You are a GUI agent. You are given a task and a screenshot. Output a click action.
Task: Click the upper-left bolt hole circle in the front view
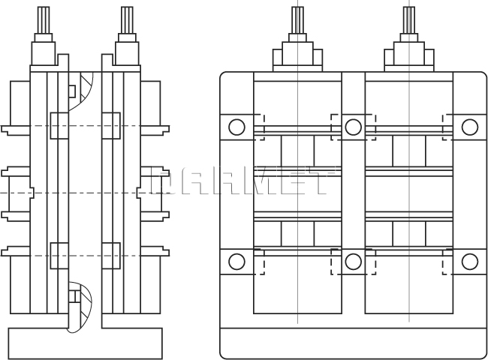236,127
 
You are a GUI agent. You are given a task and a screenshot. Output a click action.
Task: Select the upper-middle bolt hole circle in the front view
353,127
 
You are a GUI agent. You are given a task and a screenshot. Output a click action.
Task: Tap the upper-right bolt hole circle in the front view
470,127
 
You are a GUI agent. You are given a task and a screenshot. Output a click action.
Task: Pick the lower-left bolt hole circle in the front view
236,261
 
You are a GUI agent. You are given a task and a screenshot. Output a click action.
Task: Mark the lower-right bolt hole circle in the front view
470,261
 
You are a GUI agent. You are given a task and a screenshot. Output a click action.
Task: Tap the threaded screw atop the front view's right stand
409,18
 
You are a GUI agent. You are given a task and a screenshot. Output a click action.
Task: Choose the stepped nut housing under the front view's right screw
409,55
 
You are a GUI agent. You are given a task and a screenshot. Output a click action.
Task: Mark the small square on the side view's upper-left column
59,125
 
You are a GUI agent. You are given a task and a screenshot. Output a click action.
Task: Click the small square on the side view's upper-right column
110,125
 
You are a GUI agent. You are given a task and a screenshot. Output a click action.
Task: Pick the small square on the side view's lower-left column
59,256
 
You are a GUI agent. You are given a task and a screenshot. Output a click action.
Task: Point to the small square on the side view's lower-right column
110,256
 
